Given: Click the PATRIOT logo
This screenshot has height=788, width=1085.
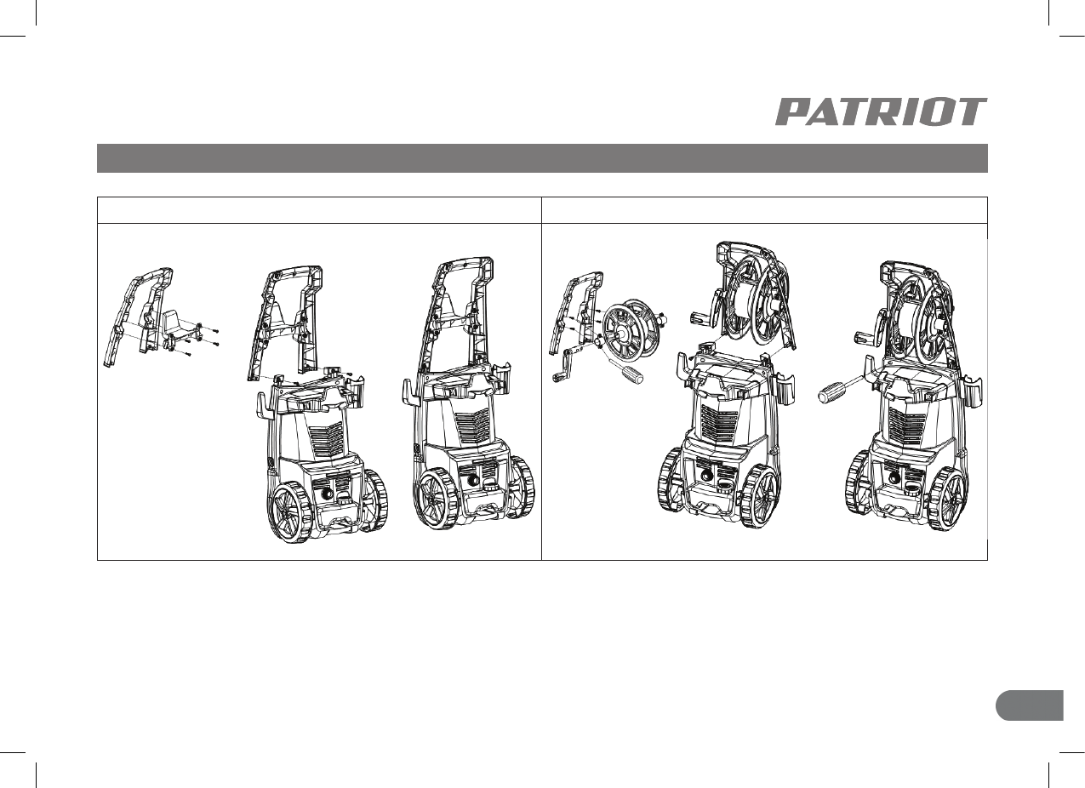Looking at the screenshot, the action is coord(881,111).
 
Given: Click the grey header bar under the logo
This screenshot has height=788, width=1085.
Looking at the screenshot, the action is coord(542,158).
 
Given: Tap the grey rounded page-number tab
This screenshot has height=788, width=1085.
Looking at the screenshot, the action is coord(1030,705).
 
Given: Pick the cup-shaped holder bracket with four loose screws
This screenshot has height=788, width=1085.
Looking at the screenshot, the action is coord(180,329).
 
